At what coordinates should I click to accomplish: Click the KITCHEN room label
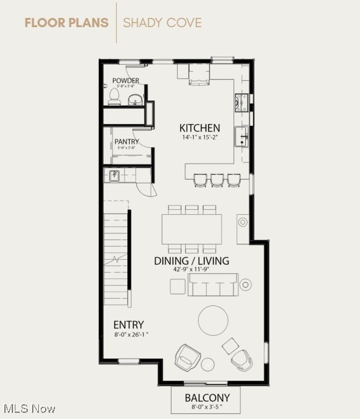[x=199, y=128]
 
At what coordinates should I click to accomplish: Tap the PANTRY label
[x=127, y=142]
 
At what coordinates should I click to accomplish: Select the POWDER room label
[x=125, y=81]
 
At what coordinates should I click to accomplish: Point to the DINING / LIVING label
[x=191, y=261]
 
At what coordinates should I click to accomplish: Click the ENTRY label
[x=128, y=325]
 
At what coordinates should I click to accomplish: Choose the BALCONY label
[x=207, y=398]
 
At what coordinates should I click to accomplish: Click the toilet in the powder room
[x=114, y=96]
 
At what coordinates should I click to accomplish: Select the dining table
[x=192, y=229]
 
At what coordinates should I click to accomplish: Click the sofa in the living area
[x=212, y=286]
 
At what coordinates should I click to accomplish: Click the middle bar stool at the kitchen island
[x=217, y=180]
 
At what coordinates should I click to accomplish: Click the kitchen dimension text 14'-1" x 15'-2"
[x=199, y=137]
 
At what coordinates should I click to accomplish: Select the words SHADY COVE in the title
[x=162, y=23]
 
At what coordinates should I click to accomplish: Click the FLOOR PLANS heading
[x=67, y=23]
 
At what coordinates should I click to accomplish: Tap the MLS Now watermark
[x=29, y=409]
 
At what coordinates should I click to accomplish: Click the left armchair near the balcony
[x=188, y=357]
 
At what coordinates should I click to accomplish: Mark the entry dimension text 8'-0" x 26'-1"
[x=132, y=334]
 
